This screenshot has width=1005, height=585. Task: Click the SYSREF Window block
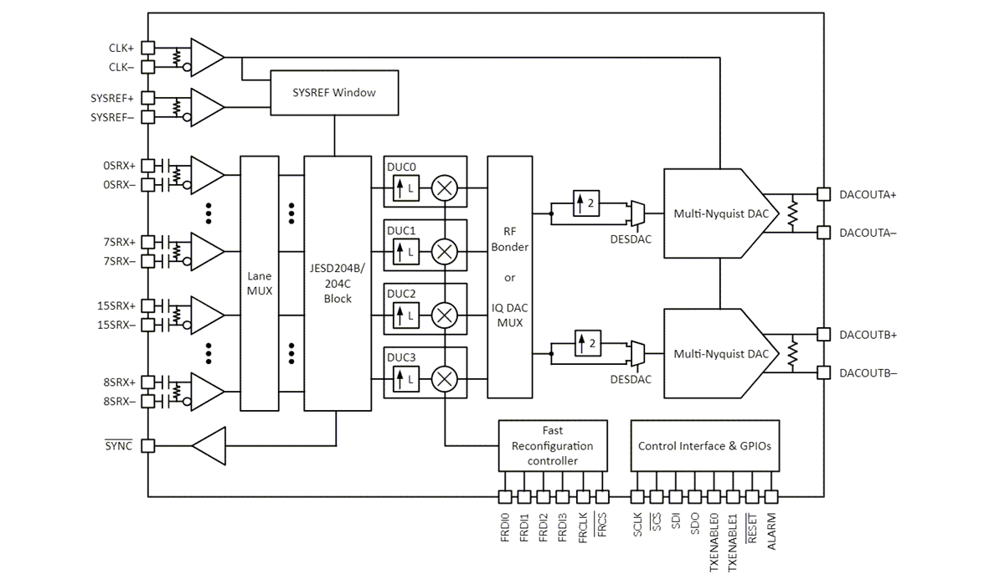tap(335, 92)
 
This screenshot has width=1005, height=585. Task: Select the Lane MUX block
tap(260, 283)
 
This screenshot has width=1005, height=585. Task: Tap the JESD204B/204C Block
tap(338, 283)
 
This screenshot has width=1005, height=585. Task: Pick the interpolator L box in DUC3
tap(405, 382)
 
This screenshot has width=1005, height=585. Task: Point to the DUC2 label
tap(401, 294)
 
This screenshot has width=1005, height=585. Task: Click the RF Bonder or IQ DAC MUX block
tap(509, 276)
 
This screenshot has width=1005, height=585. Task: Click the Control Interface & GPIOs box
tap(704, 446)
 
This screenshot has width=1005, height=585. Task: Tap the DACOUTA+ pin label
tap(868, 194)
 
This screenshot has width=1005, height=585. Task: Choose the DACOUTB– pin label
tap(868, 372)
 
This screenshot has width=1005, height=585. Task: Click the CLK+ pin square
tap(147, 48)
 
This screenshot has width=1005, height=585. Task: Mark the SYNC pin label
tap(120, 446)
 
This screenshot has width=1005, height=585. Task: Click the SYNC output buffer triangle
tap(209, 445)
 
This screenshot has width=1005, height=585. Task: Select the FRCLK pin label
tap(582, 529)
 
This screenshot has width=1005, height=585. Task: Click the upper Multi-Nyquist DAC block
tap(720, 213)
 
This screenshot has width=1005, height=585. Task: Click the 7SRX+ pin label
tap(119, 242)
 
